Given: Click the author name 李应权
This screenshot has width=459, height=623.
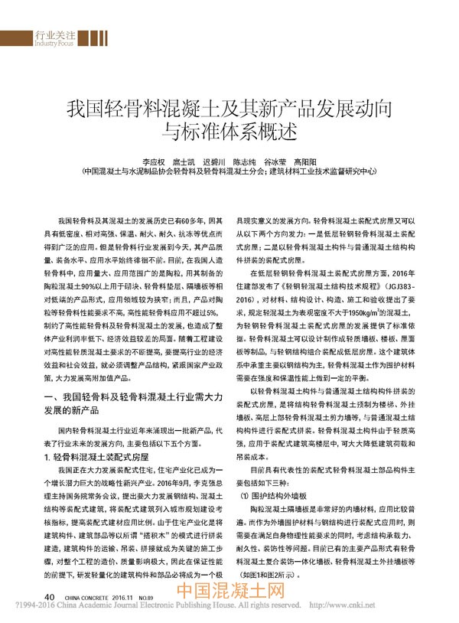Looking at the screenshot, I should (155, 162).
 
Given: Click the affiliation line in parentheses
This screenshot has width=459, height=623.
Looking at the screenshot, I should (229, 173).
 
